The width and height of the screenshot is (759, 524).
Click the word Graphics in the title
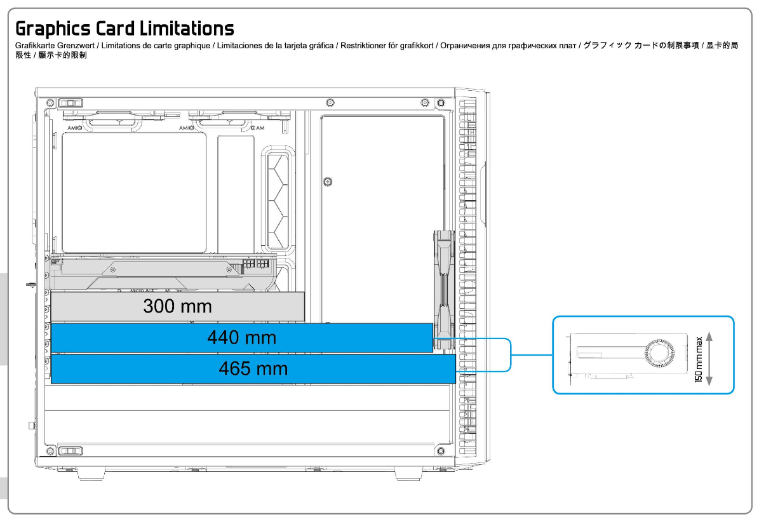pyautogui.click(x=53, y=29)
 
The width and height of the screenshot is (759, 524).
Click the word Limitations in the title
pyautogui.click(x=187, y=28)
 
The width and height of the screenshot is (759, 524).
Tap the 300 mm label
pyautogui.click(x=178, y=306)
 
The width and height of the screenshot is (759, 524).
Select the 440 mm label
pyautogui.click(x=241, y=337)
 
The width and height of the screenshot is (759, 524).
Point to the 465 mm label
pyautogui.click(x=253, y=368)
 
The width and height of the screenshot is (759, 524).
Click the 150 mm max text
pyautogui.click(x=699, y=359)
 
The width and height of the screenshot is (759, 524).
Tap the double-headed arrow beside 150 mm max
pyautogui.click(x=709, y=358)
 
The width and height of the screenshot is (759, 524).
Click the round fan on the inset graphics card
pyautogui.click(x=659, y=353)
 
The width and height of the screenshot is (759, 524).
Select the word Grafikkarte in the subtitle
pyautogui.click(x=35, y=46)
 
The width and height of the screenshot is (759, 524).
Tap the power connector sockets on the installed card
pyautogui.click(x=255, y=264)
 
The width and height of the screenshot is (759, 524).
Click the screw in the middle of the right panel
pyautogui.click(x=328, y=182)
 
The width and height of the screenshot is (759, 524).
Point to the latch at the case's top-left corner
pyautogui.click(x=71, y=103)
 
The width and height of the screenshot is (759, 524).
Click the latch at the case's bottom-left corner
pyautogui.click(x=71, y=451)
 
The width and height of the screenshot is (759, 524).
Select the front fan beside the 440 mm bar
pyautogui.click(x=444, y=290)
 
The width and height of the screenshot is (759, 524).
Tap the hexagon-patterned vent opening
pyautogui.click(x=278, y=199)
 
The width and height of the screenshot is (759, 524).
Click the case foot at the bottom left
pyautogui.click(x=91, y=474)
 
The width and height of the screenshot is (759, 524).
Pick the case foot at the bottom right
pyautogui.click(x=408, y=474)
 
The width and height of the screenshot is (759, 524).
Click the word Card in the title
pyautogui.click(x=115, y=28)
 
